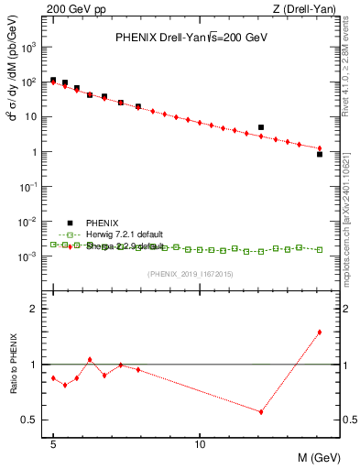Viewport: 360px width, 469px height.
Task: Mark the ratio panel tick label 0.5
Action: pyautogui.click(x=33, y=420)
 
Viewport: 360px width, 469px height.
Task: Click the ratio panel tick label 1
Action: pyautogui.click(x=37, y=365)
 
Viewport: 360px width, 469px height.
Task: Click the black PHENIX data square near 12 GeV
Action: pyautogui.click(x=261, y=127)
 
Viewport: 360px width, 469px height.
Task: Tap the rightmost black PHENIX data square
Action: pyautogui.click(x=319, y=154)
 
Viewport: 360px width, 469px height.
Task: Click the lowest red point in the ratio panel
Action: pyautogui.click(x=261, y=412)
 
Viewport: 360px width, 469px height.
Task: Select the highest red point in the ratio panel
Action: pyautogui.click(x=319, y=333)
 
